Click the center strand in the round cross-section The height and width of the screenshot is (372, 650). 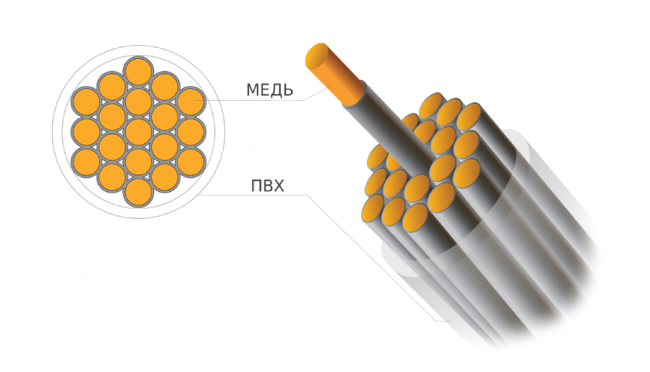[138, 131]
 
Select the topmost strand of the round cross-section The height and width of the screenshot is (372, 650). [138, 71]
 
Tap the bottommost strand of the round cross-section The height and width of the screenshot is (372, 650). [138, 191]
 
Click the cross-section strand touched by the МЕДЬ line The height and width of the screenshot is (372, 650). [190, 102]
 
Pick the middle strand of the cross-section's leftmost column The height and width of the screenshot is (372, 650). [85, 131]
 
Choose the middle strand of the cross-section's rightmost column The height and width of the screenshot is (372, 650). [190, 131]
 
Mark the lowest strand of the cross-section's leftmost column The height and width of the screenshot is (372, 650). [85, 160]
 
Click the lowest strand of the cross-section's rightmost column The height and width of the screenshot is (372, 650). [190, 160]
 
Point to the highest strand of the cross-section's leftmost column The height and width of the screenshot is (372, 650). [85, 102]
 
